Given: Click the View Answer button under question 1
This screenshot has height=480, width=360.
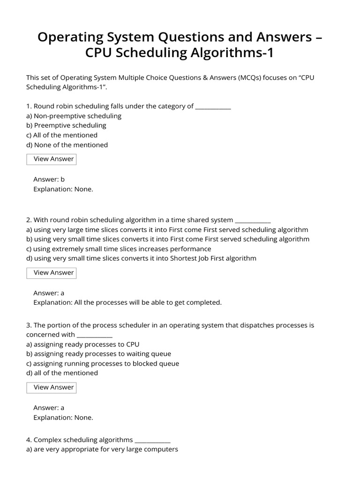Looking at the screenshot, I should click(x=51, y=159).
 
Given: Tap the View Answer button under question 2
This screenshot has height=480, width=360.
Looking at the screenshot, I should click(x=51, y=273).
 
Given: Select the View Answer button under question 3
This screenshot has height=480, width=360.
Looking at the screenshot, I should click(x=51, y=387).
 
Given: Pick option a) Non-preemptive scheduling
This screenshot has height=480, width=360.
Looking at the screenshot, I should click(x=74, y=116).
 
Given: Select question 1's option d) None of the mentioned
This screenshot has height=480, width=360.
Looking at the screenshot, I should click(x=67, y=145).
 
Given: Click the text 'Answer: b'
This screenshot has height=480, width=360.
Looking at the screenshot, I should click(x=49, y=179).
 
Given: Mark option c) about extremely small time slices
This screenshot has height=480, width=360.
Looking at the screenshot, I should click(x=119, y=249).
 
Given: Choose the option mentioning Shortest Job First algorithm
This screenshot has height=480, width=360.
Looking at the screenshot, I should click(x=141, y=258).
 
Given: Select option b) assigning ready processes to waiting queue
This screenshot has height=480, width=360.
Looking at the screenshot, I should click(x=98, y=353).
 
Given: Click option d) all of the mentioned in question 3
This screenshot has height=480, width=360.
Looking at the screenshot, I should click(x=62, y=373).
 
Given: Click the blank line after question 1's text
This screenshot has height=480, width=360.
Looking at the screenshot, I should click(x=213, y=107).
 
